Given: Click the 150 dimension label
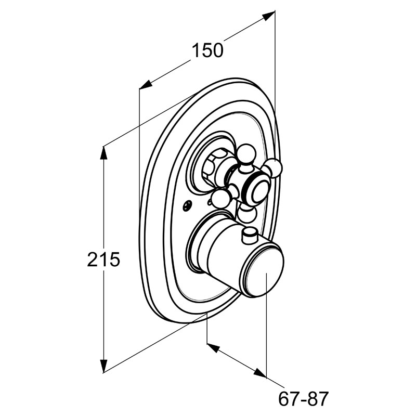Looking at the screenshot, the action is pos(207,50).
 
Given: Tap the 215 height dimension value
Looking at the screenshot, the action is pos(103,259).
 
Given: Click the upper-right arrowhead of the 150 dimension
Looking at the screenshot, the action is pos(268,16).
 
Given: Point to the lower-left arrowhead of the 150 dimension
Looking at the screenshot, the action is pos(146,84).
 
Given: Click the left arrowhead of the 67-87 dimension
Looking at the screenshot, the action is pos(213,348).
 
